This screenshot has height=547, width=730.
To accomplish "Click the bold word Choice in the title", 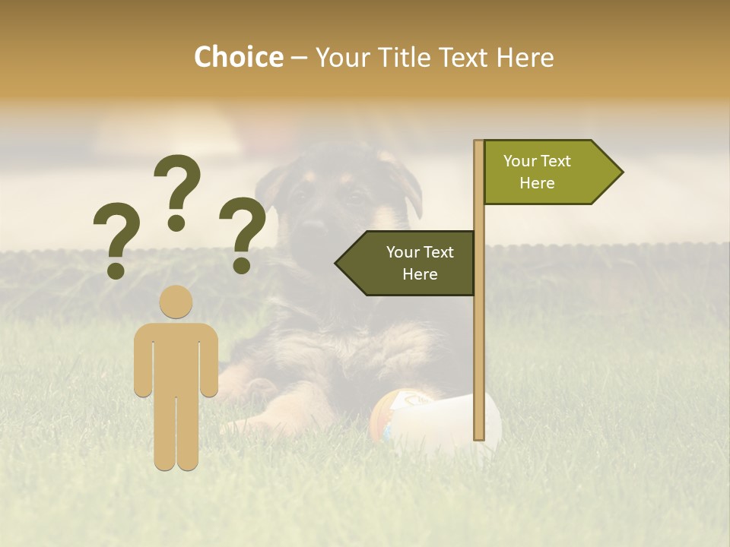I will [238, 57].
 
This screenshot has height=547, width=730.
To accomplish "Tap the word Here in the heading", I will [525, 57].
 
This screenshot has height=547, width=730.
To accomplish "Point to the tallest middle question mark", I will [177, 190].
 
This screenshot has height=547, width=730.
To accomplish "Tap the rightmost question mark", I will [243, 232].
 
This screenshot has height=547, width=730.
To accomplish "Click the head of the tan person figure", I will [176, 302].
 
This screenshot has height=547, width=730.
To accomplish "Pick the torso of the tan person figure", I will [176, 357].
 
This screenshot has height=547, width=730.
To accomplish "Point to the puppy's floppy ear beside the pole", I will [411, 190].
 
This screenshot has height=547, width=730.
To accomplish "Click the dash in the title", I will [299, 58].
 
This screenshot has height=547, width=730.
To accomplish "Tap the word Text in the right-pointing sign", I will [557, 161].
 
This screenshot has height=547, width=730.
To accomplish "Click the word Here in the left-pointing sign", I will [420, 274].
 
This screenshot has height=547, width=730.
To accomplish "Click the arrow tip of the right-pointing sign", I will [617, 172].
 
